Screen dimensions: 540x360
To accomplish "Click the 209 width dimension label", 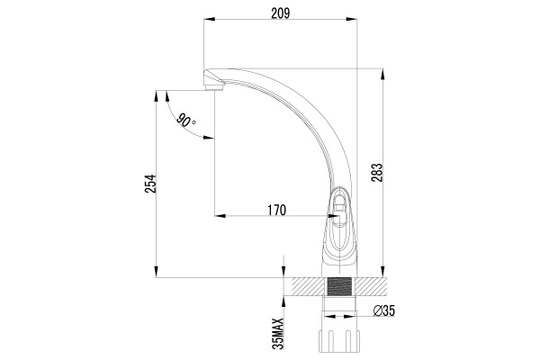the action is click(280, 13).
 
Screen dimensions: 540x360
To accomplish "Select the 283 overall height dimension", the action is click(377, 172).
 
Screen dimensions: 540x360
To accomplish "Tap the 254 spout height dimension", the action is click(150, 184).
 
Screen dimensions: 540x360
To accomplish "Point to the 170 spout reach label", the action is click(277, 210).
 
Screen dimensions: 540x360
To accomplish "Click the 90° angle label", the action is click(186, 121).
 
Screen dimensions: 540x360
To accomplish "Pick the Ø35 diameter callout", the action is click(384, 311).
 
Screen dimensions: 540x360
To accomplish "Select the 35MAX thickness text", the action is click(278, 334).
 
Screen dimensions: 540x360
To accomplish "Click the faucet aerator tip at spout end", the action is click(214, 87).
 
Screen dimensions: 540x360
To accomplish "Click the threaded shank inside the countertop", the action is click(339, 287).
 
